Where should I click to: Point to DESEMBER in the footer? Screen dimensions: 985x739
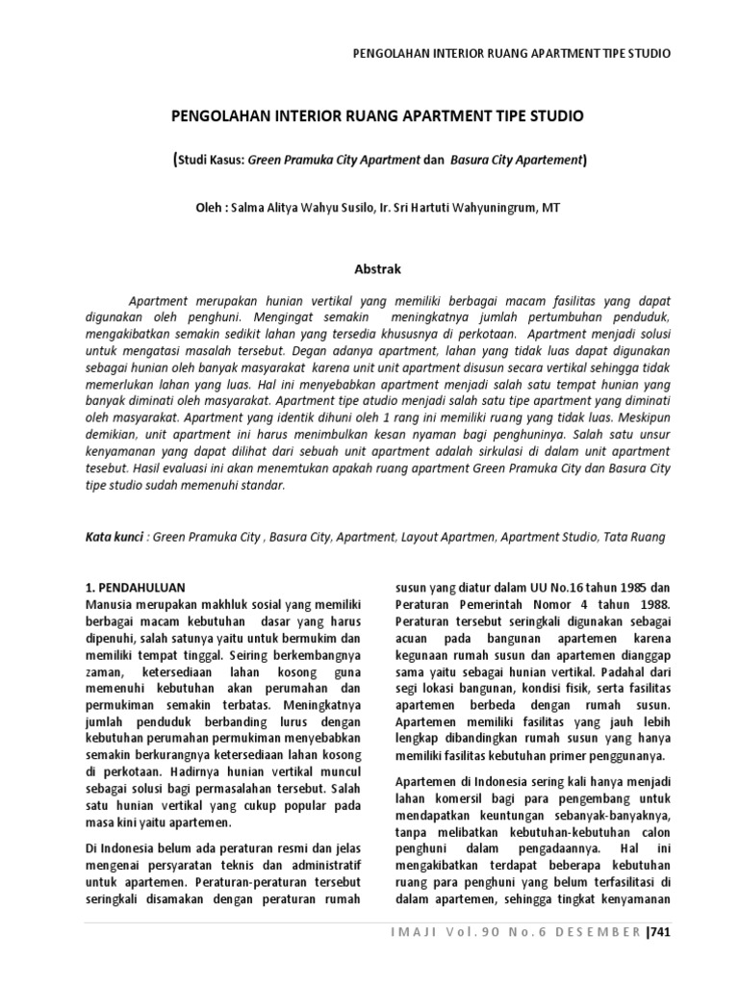click(x=598, y=932)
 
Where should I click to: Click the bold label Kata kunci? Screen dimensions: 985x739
click(x=110, y=540)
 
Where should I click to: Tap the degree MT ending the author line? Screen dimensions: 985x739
click(x=551, y=207)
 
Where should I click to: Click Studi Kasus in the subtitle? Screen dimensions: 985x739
click(x=212, y=161)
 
